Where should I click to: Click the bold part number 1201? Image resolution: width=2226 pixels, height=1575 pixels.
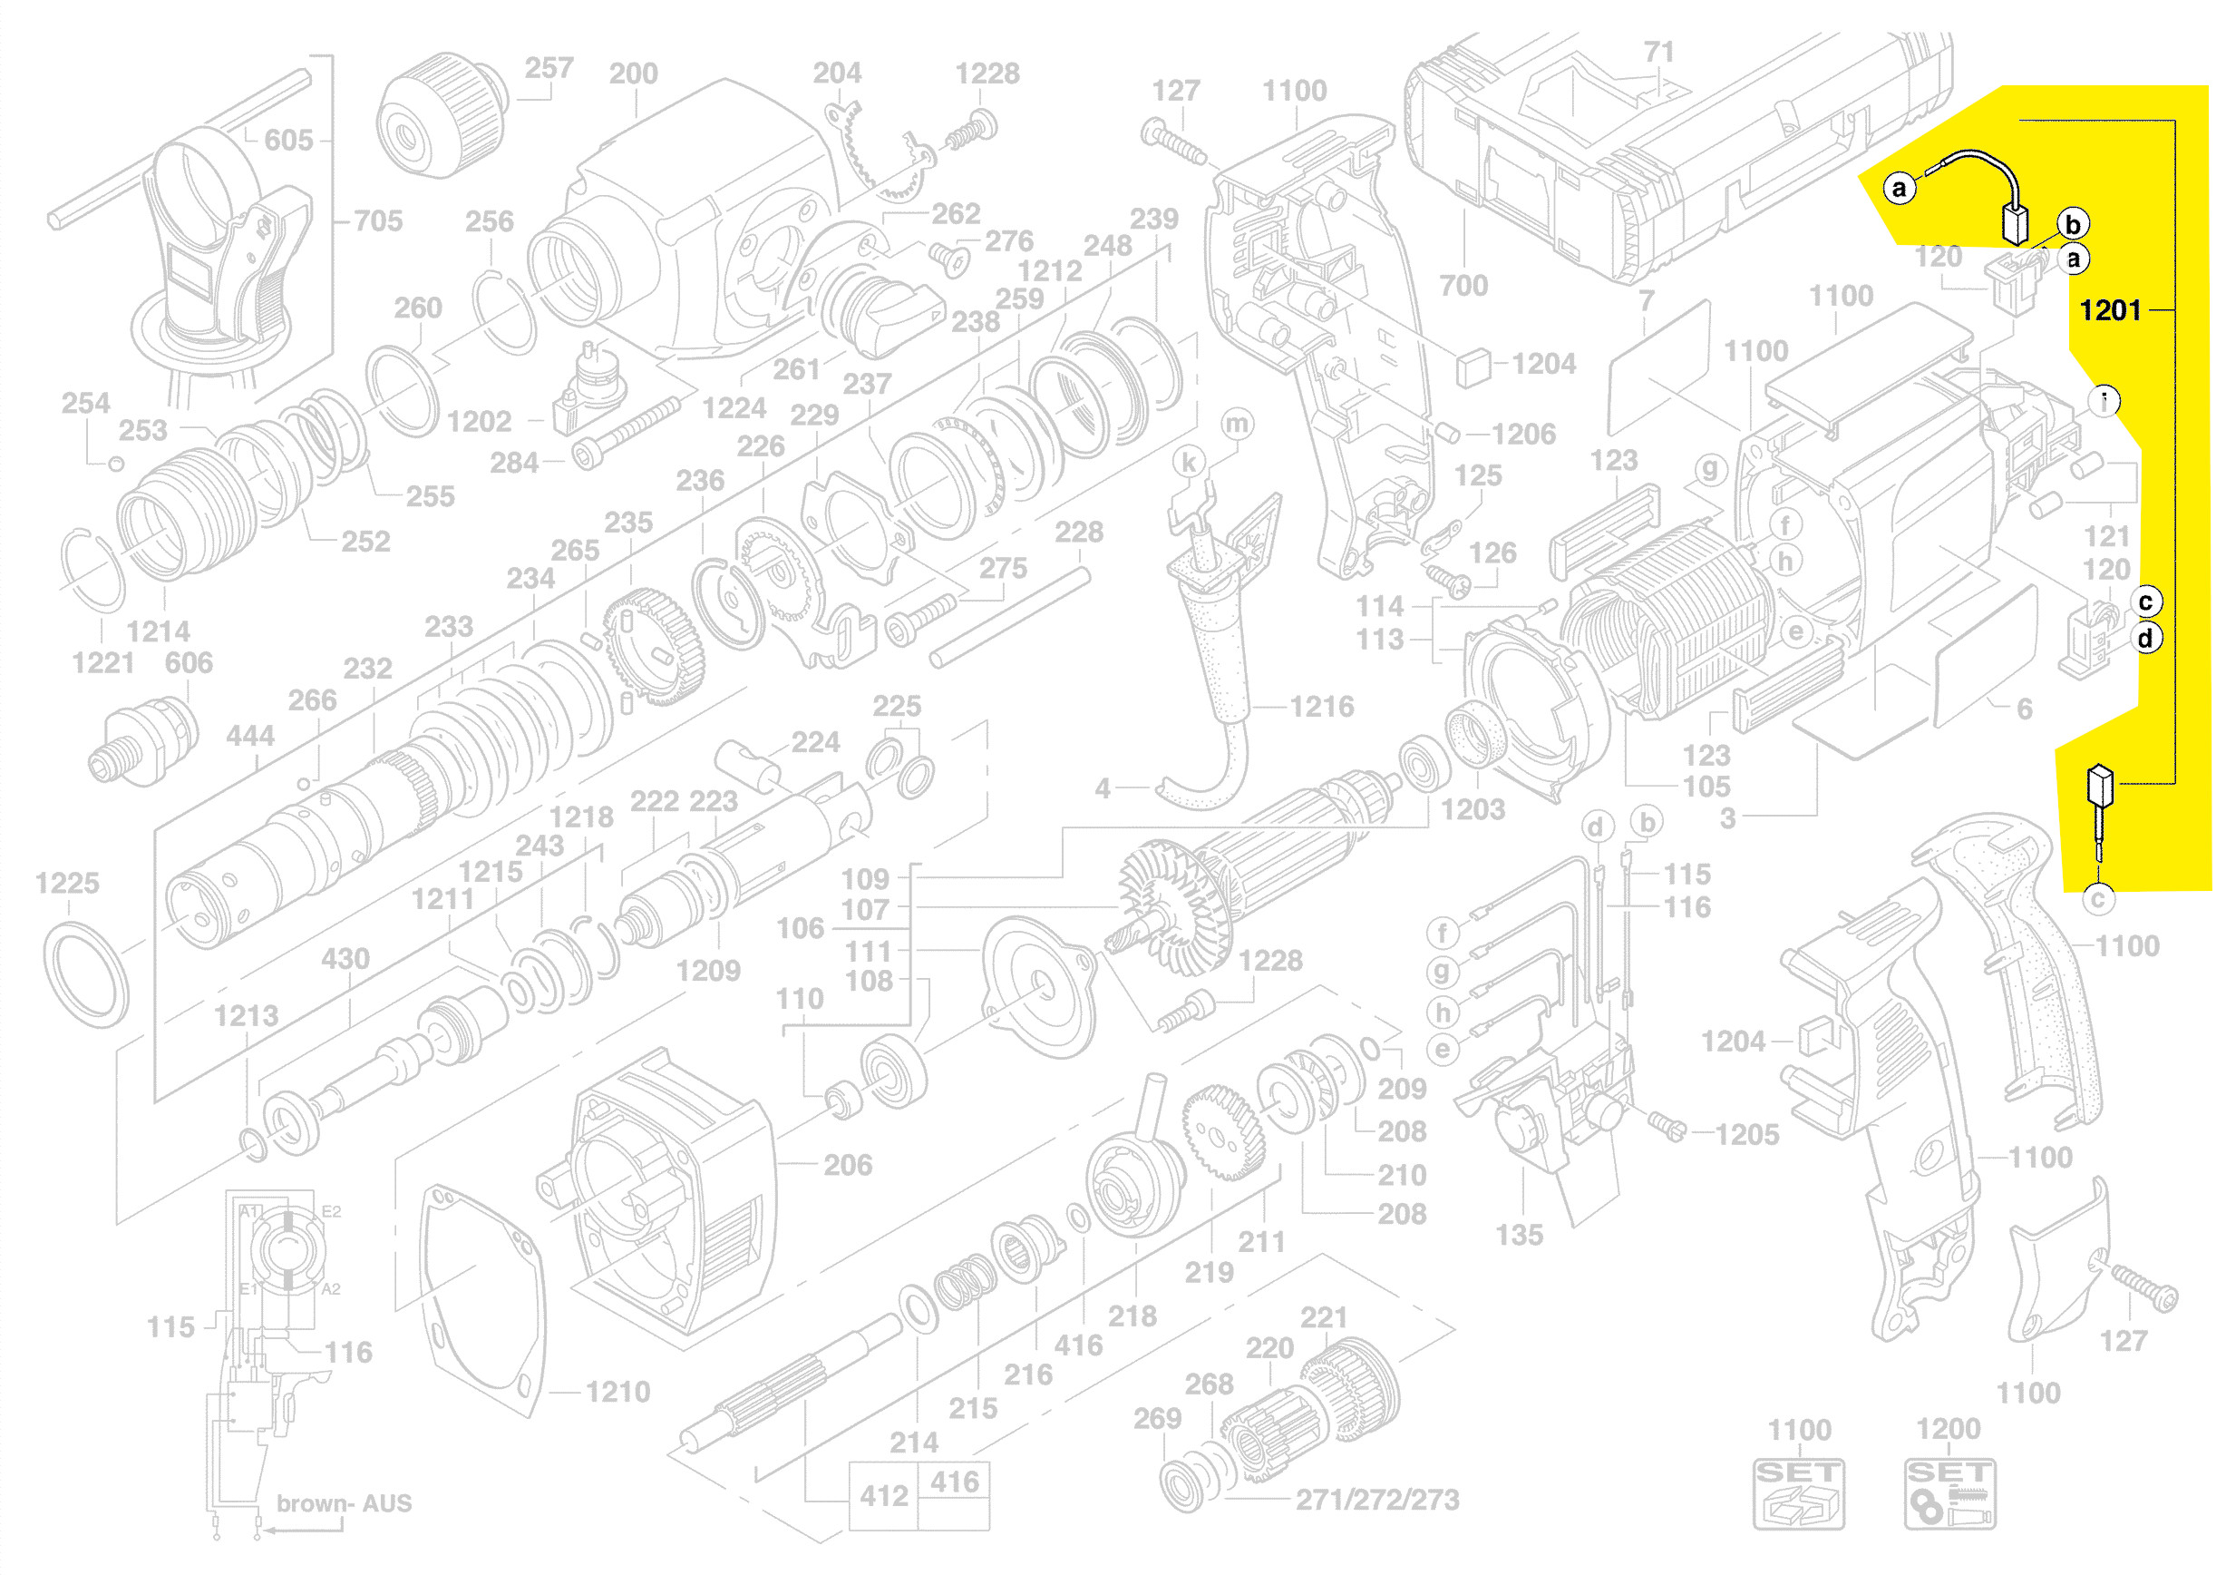pyautogui.click(x=2110, y=310)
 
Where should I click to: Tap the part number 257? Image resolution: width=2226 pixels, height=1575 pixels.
pyautogui.click(x=549, y=69)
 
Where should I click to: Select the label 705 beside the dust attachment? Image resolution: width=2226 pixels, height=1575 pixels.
pyautogui.click(x=378, y=221)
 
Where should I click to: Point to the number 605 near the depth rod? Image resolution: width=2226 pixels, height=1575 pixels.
pyautogui.click(x=289, y=141)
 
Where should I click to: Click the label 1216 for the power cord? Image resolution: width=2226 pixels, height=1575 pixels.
pyautogui.click(x=1321, y=707)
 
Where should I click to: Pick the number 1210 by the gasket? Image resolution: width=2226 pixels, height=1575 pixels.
pyautogui.click(x=617, y=1393)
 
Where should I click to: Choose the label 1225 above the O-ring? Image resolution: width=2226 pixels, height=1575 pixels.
pyautogui.click(x=67, y=884)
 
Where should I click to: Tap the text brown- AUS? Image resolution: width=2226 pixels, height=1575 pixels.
pyautogui.click(x=345, y=1503)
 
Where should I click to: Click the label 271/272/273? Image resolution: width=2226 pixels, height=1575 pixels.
pyautogui.click(x=1376, y=1501)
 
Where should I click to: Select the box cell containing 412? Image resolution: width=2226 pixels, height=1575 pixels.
pyautogui.click(x=883, y=1496)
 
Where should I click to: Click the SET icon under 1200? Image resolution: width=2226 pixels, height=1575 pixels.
pyautogui.click(x=1949, y=1494)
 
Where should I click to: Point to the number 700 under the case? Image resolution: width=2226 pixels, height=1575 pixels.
pyautogui.click(x=1463, y=286)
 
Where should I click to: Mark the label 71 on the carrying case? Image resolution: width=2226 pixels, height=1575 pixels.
pyautogui.click(x=1658, y=53)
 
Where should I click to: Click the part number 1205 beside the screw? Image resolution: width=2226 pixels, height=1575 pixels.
pyautogui.click(x=1747, y=1135)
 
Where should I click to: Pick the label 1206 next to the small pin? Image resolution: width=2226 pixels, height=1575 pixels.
pyautogui.click(x=1523, y=435)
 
